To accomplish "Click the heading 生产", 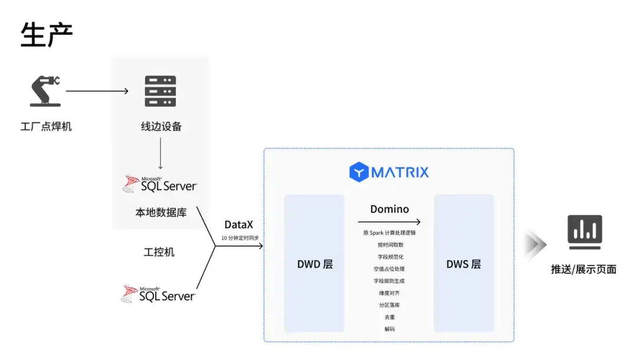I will click(47, 35).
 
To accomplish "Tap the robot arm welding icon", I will click(45, 91).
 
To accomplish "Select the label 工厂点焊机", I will click(46, 126).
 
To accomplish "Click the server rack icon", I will click(160, 91).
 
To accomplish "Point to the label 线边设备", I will click(161, 126).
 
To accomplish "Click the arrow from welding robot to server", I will click(97, 91).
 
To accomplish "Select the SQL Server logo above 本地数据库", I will click(160, 184).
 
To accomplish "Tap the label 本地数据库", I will click(161, 212).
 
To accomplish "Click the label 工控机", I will click(159, 252).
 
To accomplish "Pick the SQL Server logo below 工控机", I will click(159, 293).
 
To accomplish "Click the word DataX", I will click(239, 225).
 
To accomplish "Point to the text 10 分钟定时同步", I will click(240, 238).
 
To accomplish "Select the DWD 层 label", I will click(315, 264).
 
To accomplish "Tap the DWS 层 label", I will click(464, 264).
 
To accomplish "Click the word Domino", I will click(389, 209).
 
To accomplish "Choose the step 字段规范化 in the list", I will click(390, 257).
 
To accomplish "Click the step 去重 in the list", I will click(390, 317).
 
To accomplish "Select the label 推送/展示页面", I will click(583, 269).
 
